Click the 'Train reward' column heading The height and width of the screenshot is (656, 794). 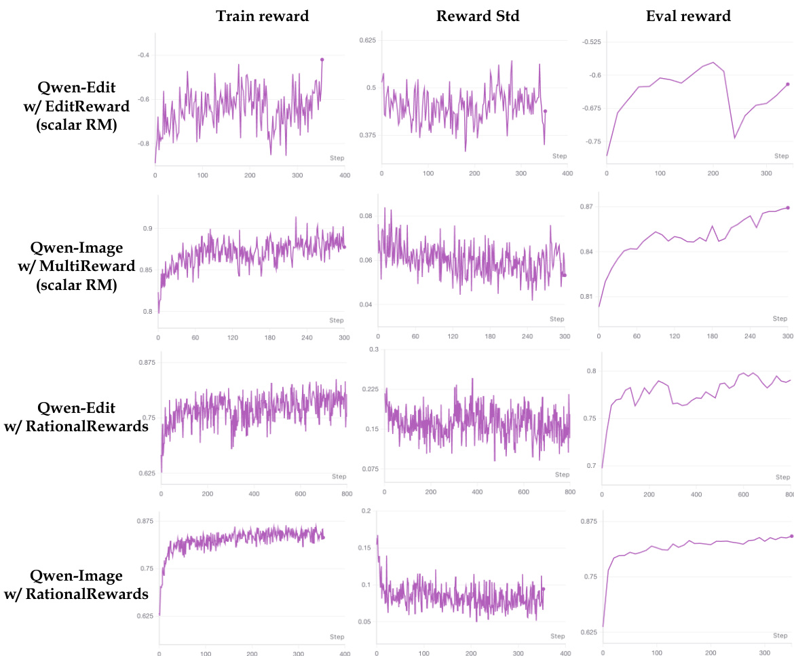click(x=262, y=16)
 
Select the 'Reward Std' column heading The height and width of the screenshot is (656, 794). click(x=478, y=16)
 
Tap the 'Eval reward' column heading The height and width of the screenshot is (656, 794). click(x=688, y=16)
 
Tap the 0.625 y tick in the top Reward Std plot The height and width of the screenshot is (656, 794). click(x=366, y=40)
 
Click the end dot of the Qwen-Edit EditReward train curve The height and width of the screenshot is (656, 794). click(x=322, y=60)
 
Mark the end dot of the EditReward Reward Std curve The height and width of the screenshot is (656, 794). click(x=545, y=111)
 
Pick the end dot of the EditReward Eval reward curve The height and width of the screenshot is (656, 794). click(x=788, y=84)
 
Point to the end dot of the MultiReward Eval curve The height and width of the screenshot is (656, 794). click(x=788, y=208)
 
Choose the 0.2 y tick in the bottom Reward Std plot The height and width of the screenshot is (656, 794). click(x=366, y=511)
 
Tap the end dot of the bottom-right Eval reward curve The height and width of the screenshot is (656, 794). click(x=791, y=536)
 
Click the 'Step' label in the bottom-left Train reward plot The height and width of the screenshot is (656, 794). click(x=336, y=636)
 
